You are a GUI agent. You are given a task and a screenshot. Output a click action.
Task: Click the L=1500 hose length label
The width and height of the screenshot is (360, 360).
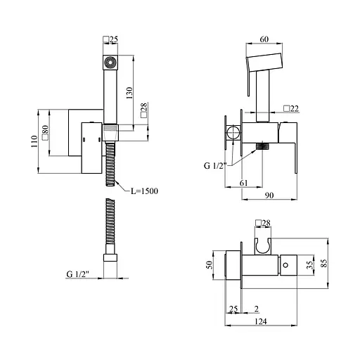click(144, 191)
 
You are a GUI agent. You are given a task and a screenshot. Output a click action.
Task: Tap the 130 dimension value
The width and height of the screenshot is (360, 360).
click(129, 93)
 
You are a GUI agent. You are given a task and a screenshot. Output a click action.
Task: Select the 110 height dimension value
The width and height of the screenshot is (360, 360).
click(34, 141)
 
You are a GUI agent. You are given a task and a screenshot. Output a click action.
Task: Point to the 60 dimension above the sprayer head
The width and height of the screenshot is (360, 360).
click(264, 39)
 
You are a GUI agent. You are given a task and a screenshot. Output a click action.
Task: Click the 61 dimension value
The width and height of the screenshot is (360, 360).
click(244, 183)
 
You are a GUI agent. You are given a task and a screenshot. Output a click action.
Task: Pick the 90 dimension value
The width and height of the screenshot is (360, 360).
click(269, 195)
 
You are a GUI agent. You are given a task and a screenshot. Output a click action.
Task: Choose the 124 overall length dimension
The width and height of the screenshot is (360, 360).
click(261, 321)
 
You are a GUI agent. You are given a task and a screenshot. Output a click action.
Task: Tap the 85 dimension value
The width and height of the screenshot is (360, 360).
click(324, 263)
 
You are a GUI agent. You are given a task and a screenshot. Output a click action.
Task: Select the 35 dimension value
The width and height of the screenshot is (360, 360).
click(310, 265)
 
